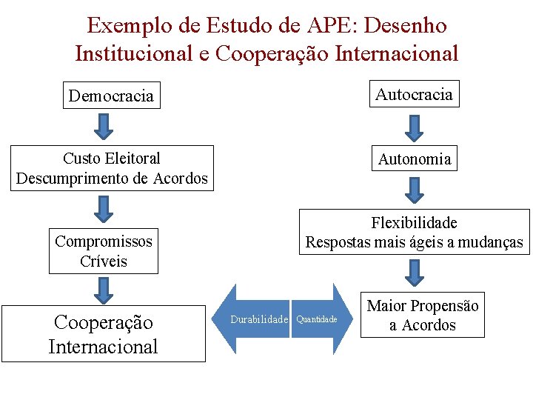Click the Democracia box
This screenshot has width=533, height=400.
[111, 96]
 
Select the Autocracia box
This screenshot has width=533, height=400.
[415, 94]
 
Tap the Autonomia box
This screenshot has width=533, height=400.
[415, 159]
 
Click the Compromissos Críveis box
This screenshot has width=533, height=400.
[104, 251]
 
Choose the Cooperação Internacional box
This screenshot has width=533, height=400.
[103, 334]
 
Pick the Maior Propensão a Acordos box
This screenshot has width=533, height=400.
[423, 315]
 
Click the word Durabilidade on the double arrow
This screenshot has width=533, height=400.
[259, 319]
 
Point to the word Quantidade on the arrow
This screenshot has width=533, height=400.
[317, 319]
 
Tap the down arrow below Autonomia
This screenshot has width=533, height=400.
[415, 189]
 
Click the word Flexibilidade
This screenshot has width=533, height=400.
[415, 223]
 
